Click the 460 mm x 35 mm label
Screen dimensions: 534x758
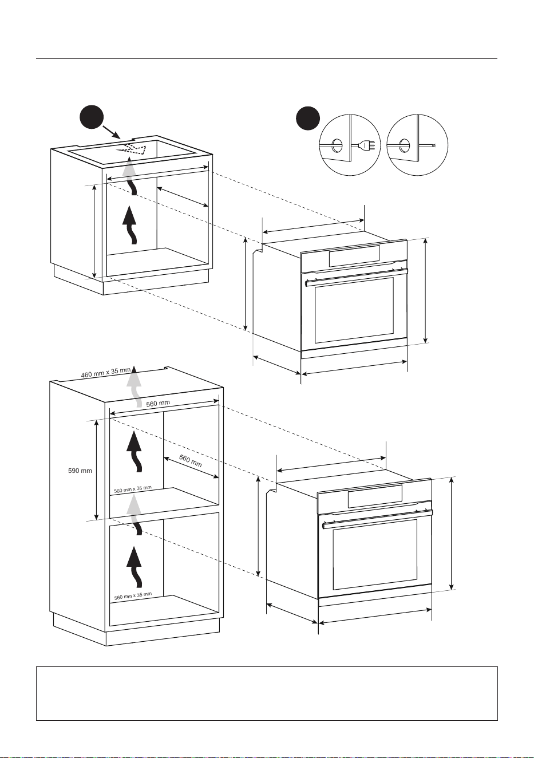pyautogui.click(x=105, y=373)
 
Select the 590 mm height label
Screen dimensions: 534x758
pyautogui.click(x=80, y=471)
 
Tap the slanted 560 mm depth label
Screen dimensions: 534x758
pyautogui.click(x=190, y=461)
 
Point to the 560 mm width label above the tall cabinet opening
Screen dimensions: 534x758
pyautogui.click(x=158, y=404)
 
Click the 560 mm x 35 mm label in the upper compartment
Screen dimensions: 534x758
pyautogui.click(x=133, y=489)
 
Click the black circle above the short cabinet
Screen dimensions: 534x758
pyautogui.click(x=92, y=117)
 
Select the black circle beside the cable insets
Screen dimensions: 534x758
pyautogui.click(x=307, y=119)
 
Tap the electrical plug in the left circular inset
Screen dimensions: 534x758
pyautogui.click(x=367, y=145)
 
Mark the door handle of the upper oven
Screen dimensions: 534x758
pyautogui.click(x=357, y=277)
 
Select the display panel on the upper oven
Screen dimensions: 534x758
pyautogui.click(x=354, y=256)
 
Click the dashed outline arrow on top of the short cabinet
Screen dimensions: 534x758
pyautogui.click(x=131, y=148)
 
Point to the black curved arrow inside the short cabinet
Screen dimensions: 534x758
pyautogui.click(x=130, y=224)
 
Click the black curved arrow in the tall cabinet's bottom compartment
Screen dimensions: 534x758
pyautogui.click(x=135, y=567)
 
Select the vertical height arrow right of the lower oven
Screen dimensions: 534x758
pyautogui.click(x=451, y=534)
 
